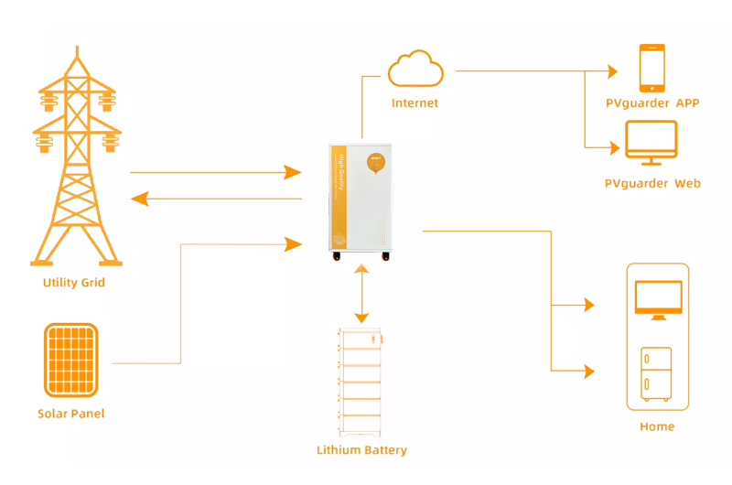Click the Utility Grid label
[74, 283]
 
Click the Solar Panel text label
[71, 414]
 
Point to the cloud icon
[415, 69]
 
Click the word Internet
[414, 103]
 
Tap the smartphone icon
[652, 68]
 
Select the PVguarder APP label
[652, 103]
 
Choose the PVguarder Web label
[652, 184]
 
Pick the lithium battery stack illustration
[361, 381]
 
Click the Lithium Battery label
[361, 450]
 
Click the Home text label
[657, 426]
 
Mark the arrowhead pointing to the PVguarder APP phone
[613, 70]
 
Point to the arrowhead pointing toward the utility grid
[140, 199]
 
